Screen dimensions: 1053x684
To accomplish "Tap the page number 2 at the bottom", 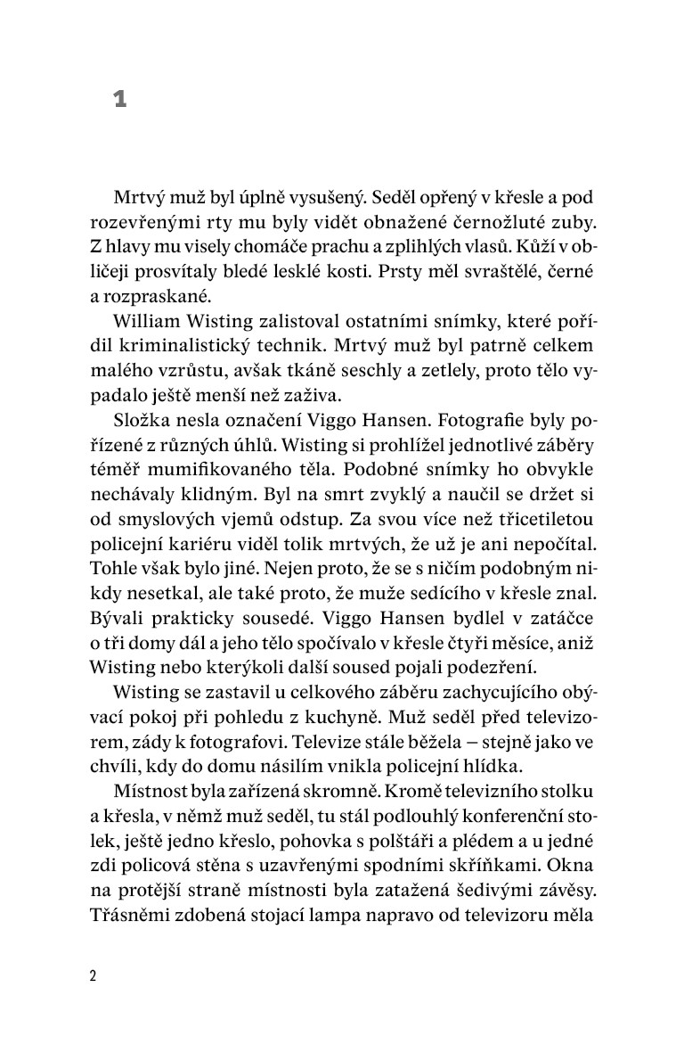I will [93, 975].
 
